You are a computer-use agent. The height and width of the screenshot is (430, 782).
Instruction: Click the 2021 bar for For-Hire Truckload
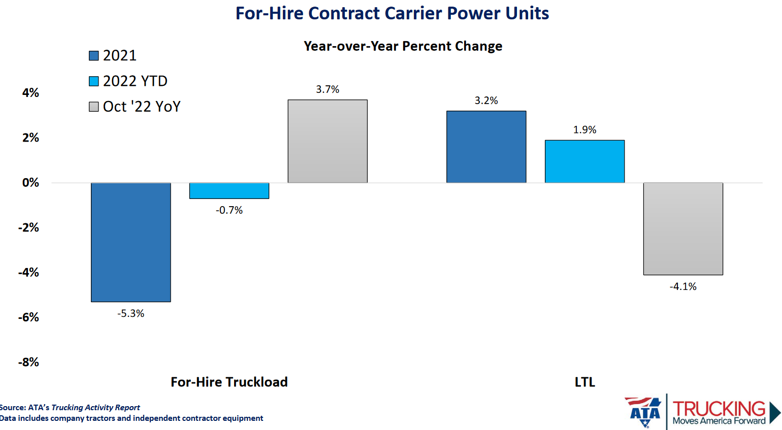tap(131, 242)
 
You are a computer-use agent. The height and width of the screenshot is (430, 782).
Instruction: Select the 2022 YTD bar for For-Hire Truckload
tap(229, 190)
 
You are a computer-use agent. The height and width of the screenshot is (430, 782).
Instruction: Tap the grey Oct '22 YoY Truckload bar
tap(328, 141)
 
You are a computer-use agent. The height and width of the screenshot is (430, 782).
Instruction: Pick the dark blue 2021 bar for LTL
tap(486, 147)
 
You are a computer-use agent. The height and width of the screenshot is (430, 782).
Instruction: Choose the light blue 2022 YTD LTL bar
tap(584, 161)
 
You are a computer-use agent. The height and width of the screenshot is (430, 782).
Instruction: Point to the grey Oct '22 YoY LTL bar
tap(683, 228)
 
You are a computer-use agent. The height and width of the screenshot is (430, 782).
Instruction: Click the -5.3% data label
tap(131, 314)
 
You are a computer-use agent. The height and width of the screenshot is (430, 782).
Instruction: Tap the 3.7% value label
tap(328, 89)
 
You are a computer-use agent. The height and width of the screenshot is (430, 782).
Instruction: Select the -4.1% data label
tap(683, 287)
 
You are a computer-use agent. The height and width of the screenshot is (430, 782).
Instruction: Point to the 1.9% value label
tap(584, 130)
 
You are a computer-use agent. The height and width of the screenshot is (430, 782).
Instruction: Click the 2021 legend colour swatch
tap(94, 56)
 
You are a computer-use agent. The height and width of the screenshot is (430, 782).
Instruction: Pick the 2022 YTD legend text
tap(135, 81)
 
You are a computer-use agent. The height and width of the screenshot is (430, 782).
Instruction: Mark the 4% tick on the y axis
tap(30, 93)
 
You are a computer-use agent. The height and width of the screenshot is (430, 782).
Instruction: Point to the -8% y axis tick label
tap(28, 362)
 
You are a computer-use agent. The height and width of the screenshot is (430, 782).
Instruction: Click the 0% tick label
tap(30, 183)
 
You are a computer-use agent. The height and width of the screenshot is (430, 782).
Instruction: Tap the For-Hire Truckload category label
tap(229, 382)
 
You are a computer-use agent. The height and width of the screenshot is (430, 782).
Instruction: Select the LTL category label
tap(584, 382)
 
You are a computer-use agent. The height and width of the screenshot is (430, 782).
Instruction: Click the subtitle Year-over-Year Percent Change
tap(403, 46)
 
